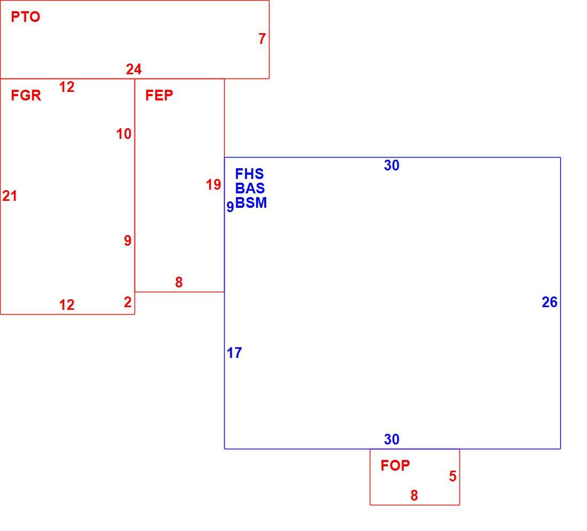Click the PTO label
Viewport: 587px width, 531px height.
tap(26, 17)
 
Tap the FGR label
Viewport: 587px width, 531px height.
tap(26, 96)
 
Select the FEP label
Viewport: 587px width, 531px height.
tap(159, 96)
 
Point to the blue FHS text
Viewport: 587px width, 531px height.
tap(249, 174)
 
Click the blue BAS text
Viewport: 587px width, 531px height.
tap(250, 188)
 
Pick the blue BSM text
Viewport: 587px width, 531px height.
tap(251, 203)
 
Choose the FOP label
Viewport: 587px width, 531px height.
tap(395, 465)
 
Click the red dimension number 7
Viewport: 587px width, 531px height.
tap(262, 38)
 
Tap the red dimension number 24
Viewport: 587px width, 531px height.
tap(133, 69)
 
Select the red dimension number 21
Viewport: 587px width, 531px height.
tap(10, 196)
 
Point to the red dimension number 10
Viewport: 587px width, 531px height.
tap(124, 134)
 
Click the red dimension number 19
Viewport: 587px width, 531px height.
tap(213, 185)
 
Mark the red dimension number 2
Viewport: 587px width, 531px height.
tap(128, 302)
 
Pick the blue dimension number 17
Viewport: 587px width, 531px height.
tap(234, 353)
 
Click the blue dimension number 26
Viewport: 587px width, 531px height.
tap(550, 302)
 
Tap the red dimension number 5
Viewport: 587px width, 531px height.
tap(453, 477)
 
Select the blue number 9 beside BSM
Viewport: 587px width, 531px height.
tap(230, 207)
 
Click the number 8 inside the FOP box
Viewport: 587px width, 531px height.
tap(414, 495)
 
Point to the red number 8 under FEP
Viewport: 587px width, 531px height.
tap(179, 282)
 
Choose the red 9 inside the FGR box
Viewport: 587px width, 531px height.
tap(128, 240)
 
